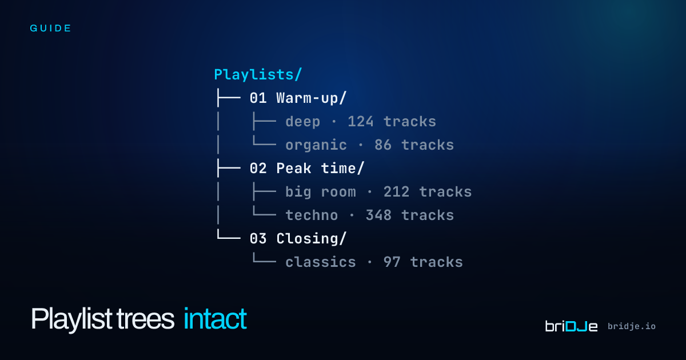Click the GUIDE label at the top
click(50, 29)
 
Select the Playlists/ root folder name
click(258, 75)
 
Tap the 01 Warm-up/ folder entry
click(298, 98)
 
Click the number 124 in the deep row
click(361, 122)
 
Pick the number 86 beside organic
click(383, 145)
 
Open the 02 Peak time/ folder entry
click(307, 169)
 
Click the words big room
click(321, 192)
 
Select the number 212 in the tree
click(396, 192)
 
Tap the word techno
click(312, 215)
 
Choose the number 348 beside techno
click(378, 215)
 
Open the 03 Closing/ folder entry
click(298, 239)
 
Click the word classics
click(321, 262)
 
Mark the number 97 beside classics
click(392, 262)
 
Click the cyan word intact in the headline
click(216, 319)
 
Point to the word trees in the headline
click(145, 319)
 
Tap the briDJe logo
click(571, 326)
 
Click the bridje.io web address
click(632, 326)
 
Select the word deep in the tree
click(303, 122)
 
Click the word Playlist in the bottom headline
click(71, 319)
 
